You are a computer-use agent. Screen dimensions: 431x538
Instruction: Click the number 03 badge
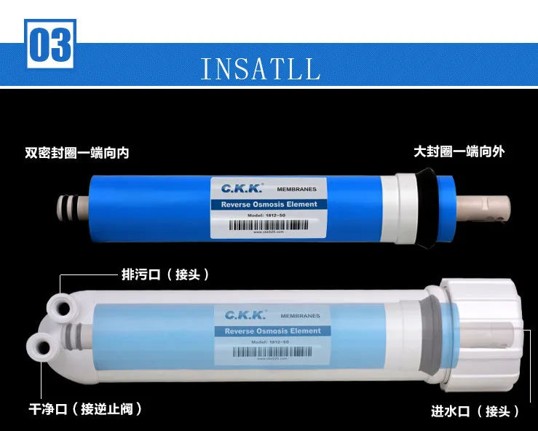point(50,46)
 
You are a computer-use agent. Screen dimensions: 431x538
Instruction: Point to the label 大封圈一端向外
point(459,151)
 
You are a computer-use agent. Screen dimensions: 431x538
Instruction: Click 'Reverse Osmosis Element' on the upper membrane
point(269,205)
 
